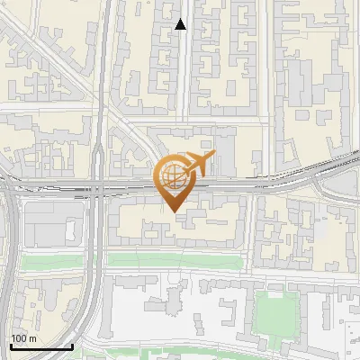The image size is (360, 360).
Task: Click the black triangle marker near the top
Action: coord(181,24)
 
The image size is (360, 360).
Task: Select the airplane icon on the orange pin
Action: coord(197,164)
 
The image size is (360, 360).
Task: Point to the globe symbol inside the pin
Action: coord(173,175)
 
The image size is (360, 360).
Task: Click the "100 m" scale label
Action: coord(23,338)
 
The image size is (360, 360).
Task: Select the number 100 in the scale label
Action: coord(19,338)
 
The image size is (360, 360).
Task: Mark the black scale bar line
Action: coord(41,346)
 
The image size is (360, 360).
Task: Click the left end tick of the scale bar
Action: coord(11,345)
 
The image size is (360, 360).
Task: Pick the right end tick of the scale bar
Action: coord(72,345)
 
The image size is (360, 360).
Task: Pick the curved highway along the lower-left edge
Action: coord(11,270)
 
